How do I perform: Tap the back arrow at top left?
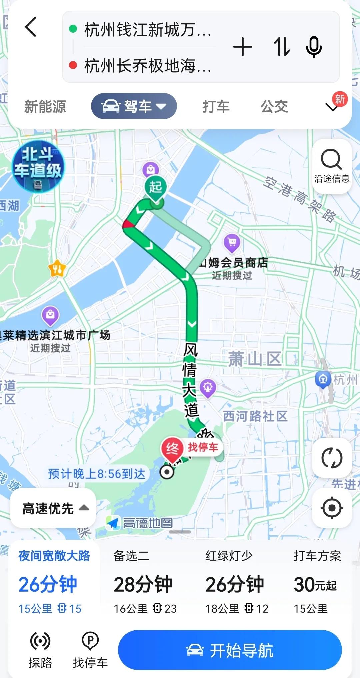(31, 27)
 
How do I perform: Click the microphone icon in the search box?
(314, 47)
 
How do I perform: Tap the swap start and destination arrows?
(282, 47)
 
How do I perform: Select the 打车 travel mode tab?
(216, 107)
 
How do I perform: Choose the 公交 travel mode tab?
(274, 107)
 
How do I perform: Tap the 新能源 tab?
(45, 107)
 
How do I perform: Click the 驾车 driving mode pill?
(134, 106)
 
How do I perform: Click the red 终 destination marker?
(172, 449)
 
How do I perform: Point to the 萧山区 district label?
(255, 359)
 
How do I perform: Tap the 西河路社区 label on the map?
(255, 416)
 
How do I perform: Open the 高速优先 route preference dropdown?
(53, 509)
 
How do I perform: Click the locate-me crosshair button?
(332, 508)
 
